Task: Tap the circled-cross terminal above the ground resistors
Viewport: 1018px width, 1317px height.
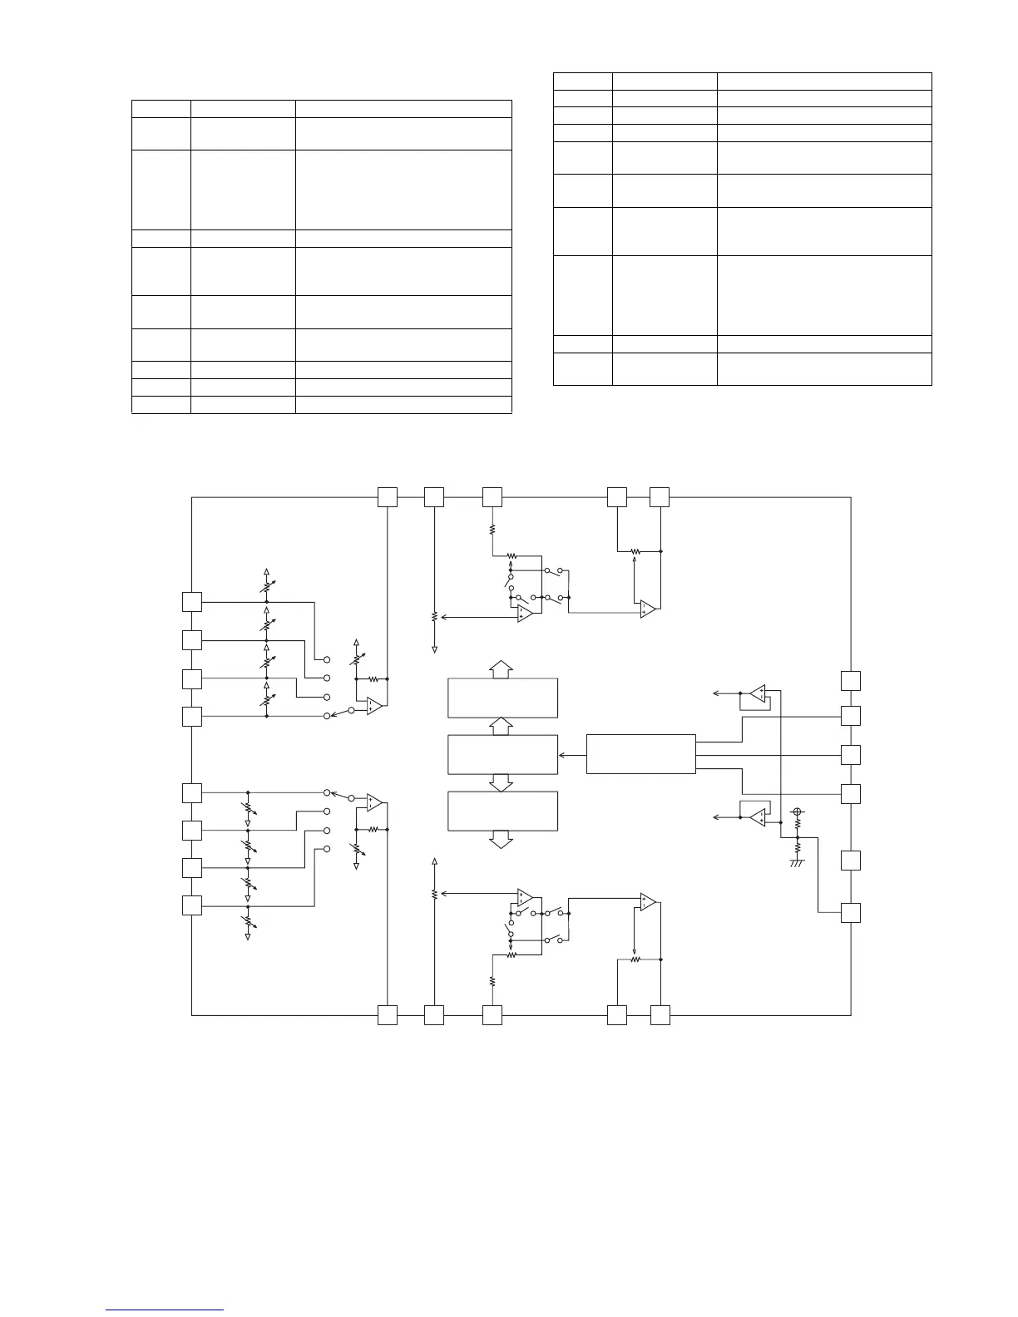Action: (797, 811)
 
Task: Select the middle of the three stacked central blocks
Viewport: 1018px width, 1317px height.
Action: (502, 755)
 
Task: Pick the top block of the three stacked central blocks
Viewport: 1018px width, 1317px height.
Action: (502, 698)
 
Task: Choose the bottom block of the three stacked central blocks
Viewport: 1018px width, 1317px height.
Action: (502, 811)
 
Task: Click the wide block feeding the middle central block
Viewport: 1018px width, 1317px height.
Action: (640, 754)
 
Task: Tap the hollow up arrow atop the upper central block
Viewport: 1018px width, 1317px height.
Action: (501, 668)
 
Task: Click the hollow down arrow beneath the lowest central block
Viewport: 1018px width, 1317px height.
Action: (501, 840)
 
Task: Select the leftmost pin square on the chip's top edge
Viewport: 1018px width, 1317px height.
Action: (388, 497)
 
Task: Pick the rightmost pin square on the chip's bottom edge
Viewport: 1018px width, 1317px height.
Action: (660, 1014)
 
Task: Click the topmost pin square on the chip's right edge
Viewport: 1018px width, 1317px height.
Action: (850, 680)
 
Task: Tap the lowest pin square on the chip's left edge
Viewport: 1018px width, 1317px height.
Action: (192, 905)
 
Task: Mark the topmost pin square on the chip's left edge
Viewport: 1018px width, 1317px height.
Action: (192, 601)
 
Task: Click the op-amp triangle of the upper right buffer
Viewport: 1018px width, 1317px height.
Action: (757, 693)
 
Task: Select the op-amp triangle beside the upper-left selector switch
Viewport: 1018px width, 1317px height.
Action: (373, 706)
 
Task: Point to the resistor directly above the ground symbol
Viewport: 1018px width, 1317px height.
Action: (797, 848)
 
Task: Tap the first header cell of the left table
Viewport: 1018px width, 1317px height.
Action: (161, 108)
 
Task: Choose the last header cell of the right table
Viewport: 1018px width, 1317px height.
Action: (823, 81)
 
